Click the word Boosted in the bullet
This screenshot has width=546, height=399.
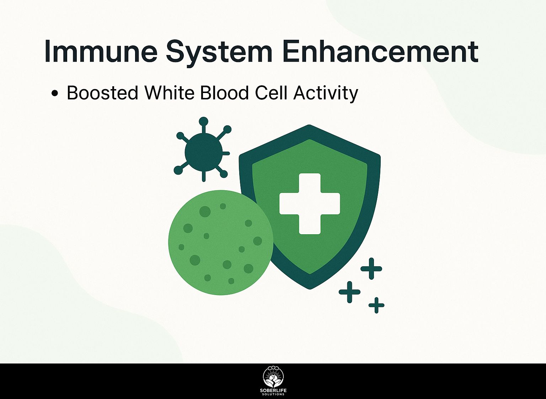(103, 93)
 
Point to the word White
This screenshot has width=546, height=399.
(170, 93)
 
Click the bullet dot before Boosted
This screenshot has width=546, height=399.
(55, 93)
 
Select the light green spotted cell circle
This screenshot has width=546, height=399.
(221, 242)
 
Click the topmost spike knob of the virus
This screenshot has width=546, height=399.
(204, 121)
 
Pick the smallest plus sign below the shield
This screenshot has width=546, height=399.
(376, 305)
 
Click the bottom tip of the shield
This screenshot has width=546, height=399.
(310, 289)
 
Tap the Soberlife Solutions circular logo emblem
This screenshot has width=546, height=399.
(273, 378)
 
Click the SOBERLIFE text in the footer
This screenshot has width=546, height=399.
(273, 390)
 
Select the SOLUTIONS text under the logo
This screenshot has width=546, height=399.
(273, 394)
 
